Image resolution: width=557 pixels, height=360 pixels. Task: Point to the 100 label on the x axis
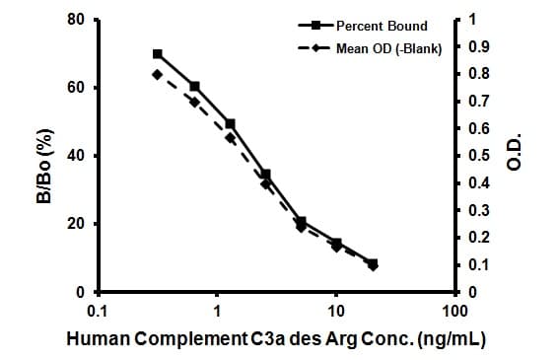click(455, 311)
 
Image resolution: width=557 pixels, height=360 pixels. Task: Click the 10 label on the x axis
click(336, 311)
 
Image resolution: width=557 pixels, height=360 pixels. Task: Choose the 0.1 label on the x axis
click(98, 311)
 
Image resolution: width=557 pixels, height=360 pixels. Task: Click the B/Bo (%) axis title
click(44, 157)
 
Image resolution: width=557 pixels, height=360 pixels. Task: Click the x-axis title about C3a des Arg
click(275, 338)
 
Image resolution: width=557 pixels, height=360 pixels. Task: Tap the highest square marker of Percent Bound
click(158, 53)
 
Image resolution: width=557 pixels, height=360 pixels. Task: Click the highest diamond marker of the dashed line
click(157, 74)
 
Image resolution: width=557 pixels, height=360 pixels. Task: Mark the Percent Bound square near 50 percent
click(230, 123)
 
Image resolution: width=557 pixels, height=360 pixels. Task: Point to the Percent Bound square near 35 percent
click(265, 174)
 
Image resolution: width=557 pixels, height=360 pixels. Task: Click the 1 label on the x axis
click(217, 311)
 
